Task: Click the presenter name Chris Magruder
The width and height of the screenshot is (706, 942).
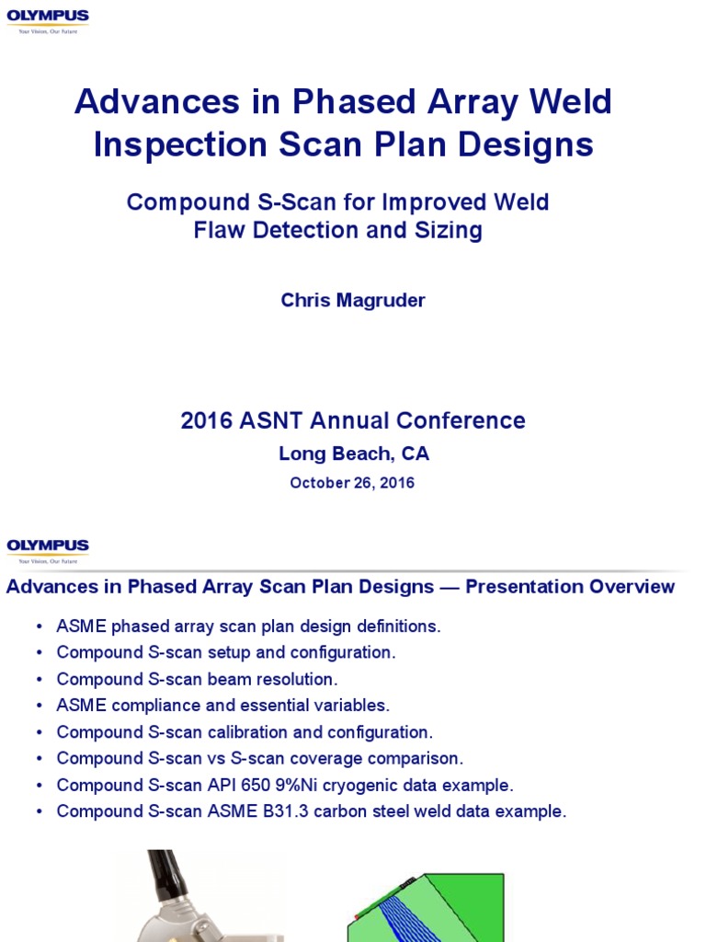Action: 353,301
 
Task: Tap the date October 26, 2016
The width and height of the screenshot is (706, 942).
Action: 352,483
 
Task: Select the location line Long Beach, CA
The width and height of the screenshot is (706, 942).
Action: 353,454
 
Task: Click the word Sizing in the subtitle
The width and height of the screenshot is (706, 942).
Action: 451,230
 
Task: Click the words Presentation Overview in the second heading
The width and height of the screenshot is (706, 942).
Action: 570,587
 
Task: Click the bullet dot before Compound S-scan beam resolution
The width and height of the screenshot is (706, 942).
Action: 40,680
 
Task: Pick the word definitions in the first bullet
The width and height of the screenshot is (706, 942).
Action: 395,626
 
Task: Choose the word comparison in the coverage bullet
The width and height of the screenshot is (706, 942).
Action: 417,759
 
